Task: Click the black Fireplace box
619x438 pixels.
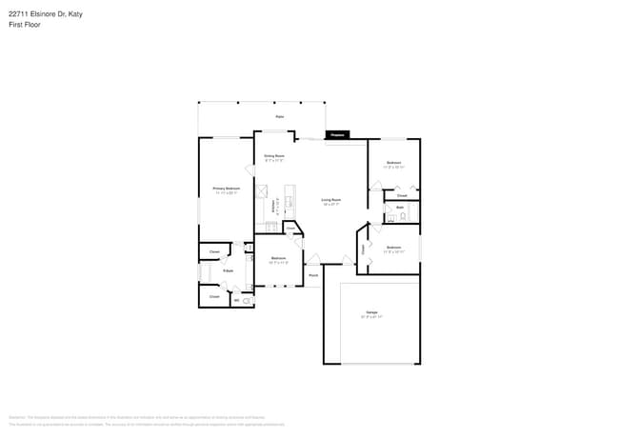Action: click(336, 135)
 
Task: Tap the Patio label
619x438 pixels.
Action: click(280, 116)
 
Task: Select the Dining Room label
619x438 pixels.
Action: click(274, 155)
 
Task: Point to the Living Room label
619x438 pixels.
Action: click(331, 200)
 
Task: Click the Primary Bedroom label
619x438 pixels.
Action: click(226, 189)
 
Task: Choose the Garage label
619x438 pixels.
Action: click(370, 312)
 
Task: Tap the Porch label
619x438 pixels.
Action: click(312, 275)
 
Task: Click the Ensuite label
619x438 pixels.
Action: click(229, 271)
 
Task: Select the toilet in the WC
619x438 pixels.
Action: click(248, 300)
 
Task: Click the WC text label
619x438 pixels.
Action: click(236, 300)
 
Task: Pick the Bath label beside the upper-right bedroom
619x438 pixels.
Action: click(400, 207)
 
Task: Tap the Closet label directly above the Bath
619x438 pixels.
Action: click(402, 195)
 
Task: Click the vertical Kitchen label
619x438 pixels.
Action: click(274, 204)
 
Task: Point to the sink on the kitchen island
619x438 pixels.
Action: click(290, 202)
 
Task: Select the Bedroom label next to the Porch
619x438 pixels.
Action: click(278, 258)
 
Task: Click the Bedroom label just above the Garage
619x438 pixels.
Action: click(394, 248)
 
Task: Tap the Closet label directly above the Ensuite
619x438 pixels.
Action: click(214, 252)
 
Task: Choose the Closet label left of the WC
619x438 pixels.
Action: click(214, 296)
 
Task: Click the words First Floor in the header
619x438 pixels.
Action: click(25, 25)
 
